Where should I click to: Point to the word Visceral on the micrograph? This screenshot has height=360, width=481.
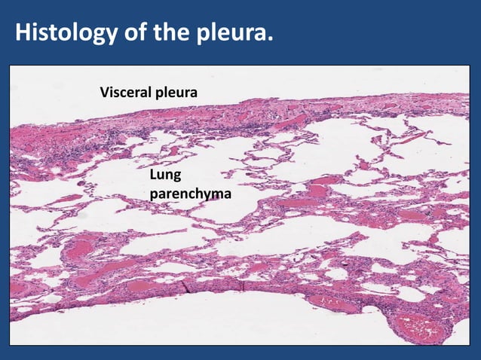click(125, 93)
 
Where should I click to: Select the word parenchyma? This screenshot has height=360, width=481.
click(191, 195)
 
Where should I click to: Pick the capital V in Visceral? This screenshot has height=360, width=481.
click(104, 93)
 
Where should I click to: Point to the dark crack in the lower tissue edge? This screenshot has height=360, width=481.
click(191, 285)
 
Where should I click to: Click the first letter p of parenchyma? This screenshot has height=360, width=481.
click(155, 195)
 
